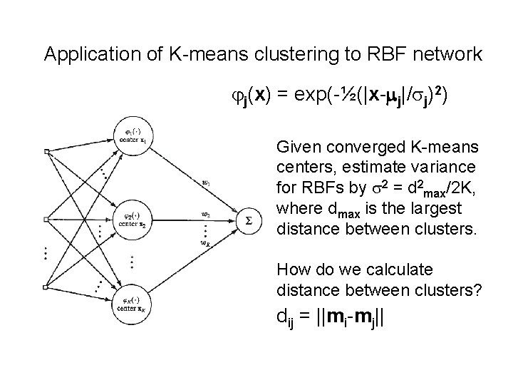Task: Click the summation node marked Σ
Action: [x=247, y=221]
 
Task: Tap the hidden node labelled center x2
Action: [x=133, y=219]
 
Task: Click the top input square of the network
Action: [x=47, y=151]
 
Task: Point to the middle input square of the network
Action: [x=47, y=220]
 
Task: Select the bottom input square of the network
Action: [x=47, y=287]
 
